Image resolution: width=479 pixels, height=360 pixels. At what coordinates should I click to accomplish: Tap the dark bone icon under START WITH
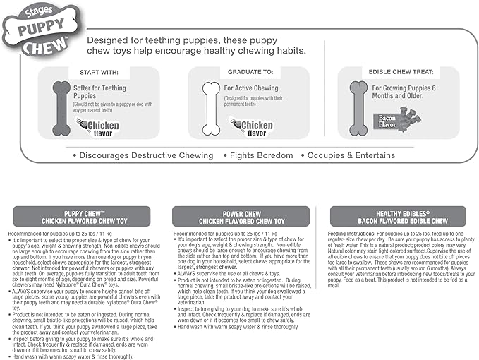[61, 108]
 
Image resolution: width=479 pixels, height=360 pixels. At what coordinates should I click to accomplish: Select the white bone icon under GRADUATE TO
[211, 108]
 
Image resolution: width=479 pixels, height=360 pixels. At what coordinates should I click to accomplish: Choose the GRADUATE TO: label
[248, 72]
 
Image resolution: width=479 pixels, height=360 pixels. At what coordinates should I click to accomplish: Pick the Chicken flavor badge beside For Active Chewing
[248, 126]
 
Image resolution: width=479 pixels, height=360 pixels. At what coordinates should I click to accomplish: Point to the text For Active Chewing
[251, 88]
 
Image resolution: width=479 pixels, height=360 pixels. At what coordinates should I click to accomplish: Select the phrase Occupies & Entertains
[350, 155]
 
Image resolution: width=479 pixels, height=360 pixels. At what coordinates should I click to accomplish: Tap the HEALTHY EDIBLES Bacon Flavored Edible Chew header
[398, 217]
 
